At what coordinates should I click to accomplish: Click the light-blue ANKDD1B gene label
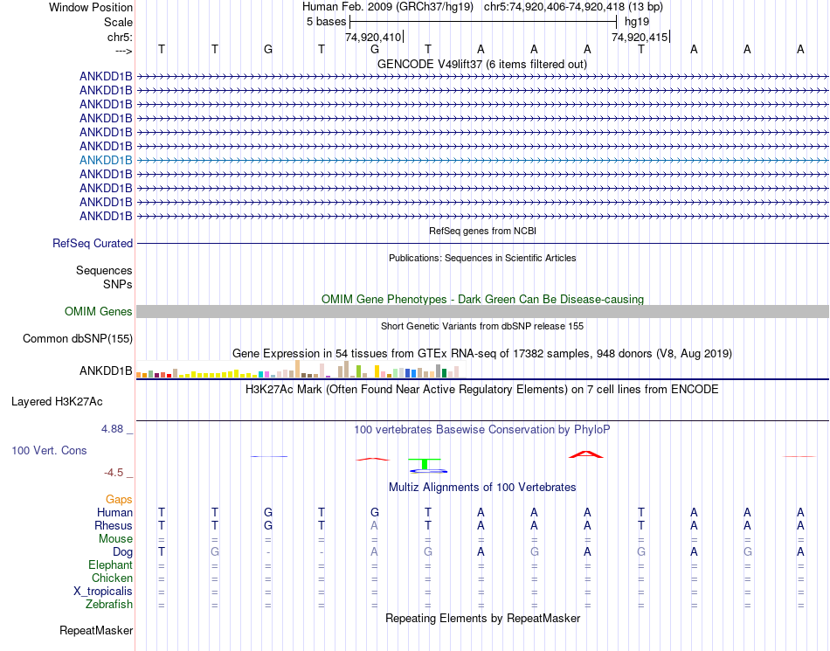coord(106,160)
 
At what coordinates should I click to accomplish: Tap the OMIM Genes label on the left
coord(99,311)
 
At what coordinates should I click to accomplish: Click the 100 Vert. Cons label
coord(49,450)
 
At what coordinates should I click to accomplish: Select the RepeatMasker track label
coord(96,630)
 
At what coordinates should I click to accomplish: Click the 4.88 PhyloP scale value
coord(113,429)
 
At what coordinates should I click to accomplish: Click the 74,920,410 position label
coord(373,37)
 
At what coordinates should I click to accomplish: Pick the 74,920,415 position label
coord(640,37)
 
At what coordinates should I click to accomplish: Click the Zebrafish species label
coord(109,604)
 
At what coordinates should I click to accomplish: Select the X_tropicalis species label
coord(103,591)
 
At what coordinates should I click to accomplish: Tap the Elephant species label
coord(111,565)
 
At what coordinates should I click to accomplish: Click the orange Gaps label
coord(119,499)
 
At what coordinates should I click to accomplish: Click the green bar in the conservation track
coord(425,463)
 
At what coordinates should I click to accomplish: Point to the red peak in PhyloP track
coord(585,454)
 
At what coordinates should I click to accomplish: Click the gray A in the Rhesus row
coord(375,525)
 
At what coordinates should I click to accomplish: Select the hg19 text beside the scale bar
coord(636,21)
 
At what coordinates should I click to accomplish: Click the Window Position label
coord(91,7)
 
